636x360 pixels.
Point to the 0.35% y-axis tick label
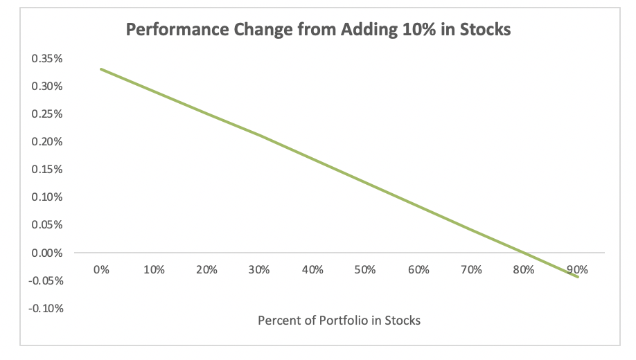(x=47, y=59)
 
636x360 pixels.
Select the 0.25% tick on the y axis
(x=47, y=114)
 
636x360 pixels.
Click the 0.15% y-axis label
(x=47, y=170)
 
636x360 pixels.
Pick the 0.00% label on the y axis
(x=47, y=253)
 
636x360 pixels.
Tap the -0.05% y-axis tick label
(x=46, y=280)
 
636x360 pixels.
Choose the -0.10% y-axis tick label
(x=46, y=308)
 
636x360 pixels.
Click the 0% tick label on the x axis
(x=101, y=270)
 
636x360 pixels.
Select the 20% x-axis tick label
(x=206, y=270)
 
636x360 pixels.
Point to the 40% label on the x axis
(x=312, y=270)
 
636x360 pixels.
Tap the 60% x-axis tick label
(x=418, y=270)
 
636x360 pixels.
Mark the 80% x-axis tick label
(x=524, y=270)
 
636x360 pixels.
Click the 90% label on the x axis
(x=577, y=270)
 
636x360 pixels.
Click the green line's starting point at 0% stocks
(x=101, y=69)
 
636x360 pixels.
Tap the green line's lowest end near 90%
(x=578, y=277)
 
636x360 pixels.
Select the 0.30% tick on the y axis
(x=47, y=87)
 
